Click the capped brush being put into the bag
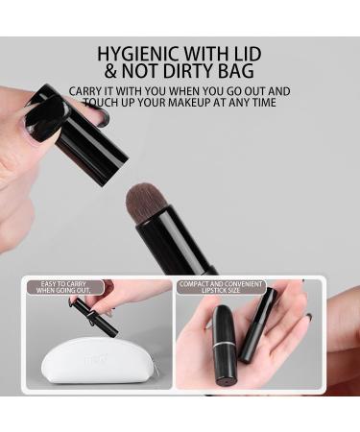(x=95, y=318)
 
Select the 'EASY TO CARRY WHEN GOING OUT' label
(x=61, y=289)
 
